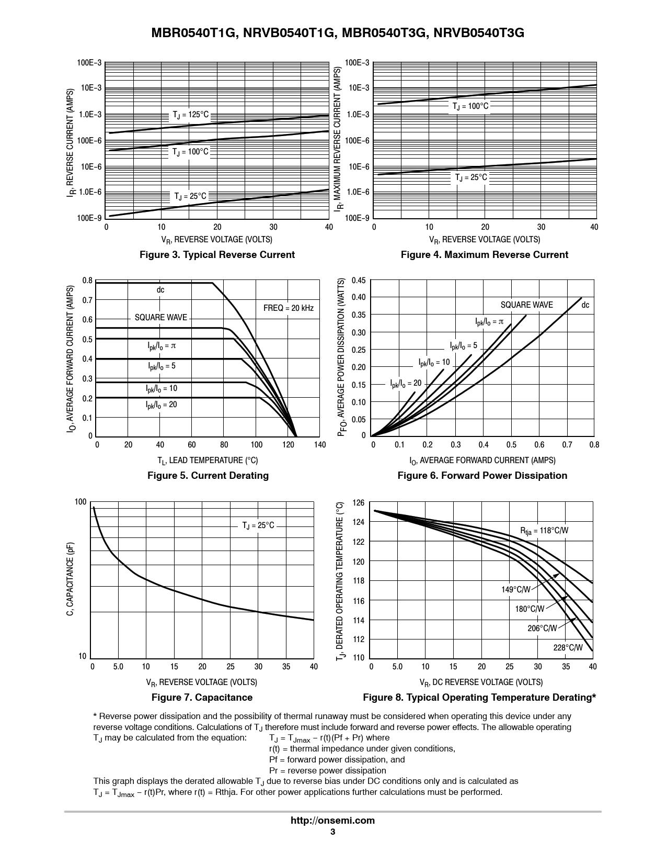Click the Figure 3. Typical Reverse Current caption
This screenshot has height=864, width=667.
coord(217,255)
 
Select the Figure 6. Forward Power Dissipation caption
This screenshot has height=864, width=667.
coord(482,476)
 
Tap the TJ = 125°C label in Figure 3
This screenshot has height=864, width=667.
coord(190,115)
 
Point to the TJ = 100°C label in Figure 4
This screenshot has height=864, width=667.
coord(470,106)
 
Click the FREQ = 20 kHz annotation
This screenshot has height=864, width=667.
coord(288,308)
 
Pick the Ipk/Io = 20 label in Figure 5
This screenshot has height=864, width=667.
coord(161,405)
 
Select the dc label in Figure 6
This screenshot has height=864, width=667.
coord(585,305)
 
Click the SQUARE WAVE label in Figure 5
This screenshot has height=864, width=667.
coord(160,318)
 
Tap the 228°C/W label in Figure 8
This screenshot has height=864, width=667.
coord(568,648)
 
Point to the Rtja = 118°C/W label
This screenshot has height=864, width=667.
coord(544,531)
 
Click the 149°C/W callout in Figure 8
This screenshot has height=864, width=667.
coord(515,590)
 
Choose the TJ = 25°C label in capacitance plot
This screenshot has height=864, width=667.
coord(258,525)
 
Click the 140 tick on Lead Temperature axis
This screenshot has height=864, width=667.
coord(319,445)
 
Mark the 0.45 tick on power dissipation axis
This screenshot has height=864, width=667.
coord(358,280)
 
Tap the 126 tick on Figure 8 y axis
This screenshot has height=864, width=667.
coord(358,503)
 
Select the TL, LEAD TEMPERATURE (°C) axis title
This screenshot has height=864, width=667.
coord(208,461)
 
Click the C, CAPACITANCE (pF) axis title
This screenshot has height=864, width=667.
coord(70,579)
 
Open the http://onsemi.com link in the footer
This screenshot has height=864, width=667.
coord(332,821)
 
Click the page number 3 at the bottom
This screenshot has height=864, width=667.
coord(332,832)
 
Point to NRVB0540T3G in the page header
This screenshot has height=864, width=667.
coord(479,33)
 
